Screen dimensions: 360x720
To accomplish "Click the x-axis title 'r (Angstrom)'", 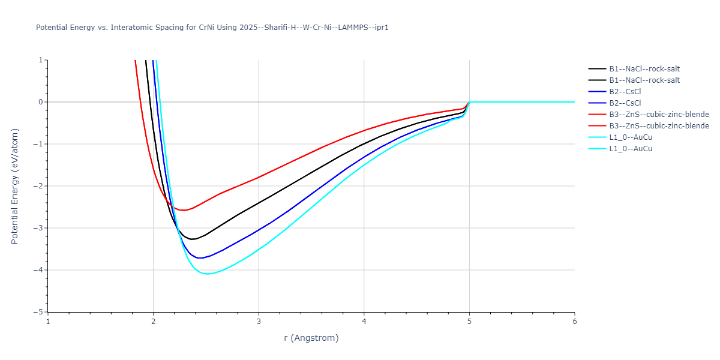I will tap(311, 338).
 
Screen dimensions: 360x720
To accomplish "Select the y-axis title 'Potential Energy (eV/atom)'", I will tap(15, 185).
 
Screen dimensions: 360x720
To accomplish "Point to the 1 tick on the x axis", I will tap(48, 321).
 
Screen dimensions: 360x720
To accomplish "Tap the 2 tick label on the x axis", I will tap(154, 321).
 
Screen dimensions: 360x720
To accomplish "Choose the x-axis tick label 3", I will tap(259, 321).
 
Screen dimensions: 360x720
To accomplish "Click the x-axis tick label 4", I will tap(364, 321).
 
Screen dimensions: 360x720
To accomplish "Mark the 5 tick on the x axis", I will tap(469, 321).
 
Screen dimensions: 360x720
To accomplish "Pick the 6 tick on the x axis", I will tap(574, 321).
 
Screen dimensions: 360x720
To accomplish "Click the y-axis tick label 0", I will tap(41, 102).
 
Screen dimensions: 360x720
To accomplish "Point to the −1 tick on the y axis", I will tap(39, 144).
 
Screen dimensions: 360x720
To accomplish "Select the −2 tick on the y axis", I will tap(39, 186).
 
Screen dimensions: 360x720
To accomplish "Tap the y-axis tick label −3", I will tap(39, 228).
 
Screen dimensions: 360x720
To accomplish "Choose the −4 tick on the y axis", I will tap(39, 270).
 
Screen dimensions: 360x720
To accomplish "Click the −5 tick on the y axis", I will tap(39, 312).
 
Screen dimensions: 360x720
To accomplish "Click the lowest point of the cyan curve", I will tap(207, 274).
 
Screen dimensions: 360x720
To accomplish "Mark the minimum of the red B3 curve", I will tap(183, 210).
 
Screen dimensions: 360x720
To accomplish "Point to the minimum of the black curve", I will tap(193, 239).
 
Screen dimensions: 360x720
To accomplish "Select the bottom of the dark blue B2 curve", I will tap(200, 258).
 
